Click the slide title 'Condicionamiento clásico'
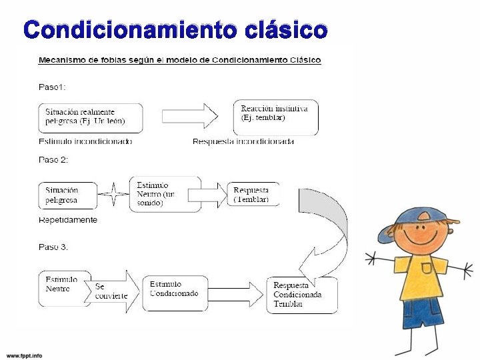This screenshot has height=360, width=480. (x=175, y=30)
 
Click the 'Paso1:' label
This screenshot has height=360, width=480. (x=53, y=86)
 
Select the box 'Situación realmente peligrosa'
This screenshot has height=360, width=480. (x=91, y=117)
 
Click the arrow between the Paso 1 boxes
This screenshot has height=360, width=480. (x=190, y=116)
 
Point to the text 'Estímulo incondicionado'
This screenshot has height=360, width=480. (x=85, y=141)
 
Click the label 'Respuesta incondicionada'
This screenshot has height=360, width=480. (x=243, y=141)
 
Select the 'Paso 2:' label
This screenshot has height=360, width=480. (x=53, y=160)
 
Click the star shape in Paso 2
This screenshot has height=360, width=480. (x=113, y=195)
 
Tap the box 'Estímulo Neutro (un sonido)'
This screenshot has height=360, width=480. (x=165, y=194)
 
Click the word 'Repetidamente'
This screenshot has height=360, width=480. (x=68, y=220)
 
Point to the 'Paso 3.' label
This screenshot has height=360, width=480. (x=53, y=247)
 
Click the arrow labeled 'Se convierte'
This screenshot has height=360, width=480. (x=112, y=291)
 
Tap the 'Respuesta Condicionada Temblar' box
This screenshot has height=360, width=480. (x=301, y=295)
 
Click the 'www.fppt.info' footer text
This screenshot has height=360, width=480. (x=25, y=355)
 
